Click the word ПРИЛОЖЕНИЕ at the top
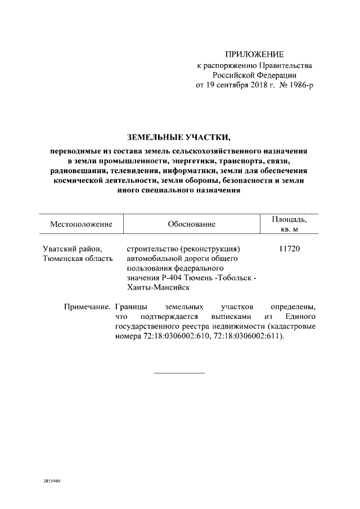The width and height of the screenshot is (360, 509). pyautogui.click(x=255, y=55)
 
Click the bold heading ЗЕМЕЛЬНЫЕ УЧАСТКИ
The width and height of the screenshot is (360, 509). pyautogui.click(x=179, y=137)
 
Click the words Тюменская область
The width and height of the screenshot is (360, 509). pyautogui.click(x=78, y=258)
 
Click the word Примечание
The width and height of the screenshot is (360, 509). pyautogui.click(x=87, y=307)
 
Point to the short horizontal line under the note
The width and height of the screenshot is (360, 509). pyautogui.click(x=179, y=373)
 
